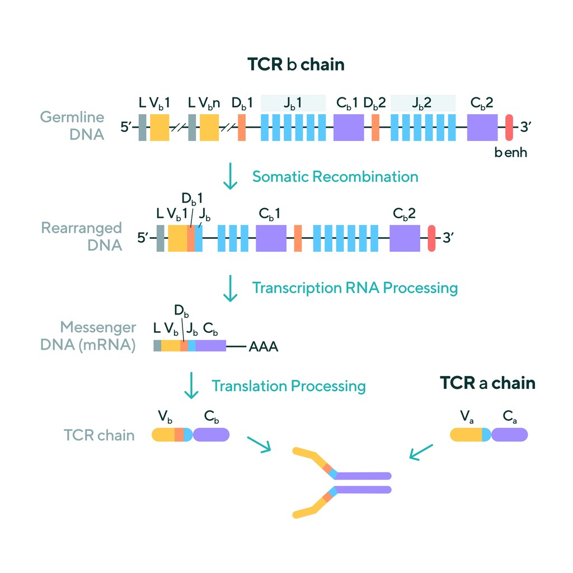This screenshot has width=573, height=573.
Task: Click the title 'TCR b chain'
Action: (x=296, y=65)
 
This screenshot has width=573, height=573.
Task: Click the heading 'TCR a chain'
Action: (x=487, y=383)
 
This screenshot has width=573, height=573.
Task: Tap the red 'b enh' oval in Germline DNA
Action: (x=509, y=128)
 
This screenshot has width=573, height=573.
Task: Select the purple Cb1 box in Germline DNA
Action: (x=349, y=128)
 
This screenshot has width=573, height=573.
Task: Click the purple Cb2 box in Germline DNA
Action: (x=482, y=128)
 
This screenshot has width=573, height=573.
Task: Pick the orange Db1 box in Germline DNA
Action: (x=242, y=128)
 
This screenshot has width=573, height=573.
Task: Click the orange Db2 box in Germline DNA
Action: (x=375, y=128)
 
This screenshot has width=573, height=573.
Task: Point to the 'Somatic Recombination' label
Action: (x=335, y=177)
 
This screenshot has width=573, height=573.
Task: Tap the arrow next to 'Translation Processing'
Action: (x=192, y=386)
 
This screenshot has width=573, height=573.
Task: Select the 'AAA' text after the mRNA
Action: (x=263, y=347)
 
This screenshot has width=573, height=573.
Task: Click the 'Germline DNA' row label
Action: (x=72, y=126)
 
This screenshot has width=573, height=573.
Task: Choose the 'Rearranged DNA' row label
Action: (x=82, y=236)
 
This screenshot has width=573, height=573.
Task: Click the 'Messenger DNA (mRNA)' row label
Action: (x=88, y=336)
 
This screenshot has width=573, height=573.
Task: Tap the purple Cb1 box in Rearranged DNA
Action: (x=271, y=238)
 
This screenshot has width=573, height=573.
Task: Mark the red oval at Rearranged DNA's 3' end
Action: (x=431, y=238)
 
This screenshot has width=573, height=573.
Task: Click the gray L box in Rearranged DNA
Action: (x=161, y=238)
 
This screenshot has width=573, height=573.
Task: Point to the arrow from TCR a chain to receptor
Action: (x=421, y=452)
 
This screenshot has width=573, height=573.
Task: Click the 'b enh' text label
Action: (x=510, y=152)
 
